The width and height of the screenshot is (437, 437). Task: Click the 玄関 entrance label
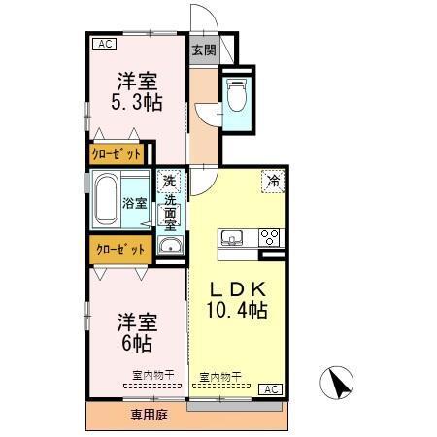pyautogui.click(x=203, y=50)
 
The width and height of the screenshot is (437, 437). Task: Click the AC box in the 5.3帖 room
pyautogui.click(x=104, y=44)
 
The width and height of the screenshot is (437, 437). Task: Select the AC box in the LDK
pyautogui.click(x=274, y=388)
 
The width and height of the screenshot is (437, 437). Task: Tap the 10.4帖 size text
pyautogui.click(x=237, y=311)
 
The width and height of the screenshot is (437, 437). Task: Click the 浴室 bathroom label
pyautogui.click(x=135, y=203)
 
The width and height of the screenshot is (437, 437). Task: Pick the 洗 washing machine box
pyautogui.click(x=170, y=181)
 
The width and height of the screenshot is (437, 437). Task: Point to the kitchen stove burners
pyautogui.click(x=268, y=237)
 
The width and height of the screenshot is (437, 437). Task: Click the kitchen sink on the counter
pyautogui.click(x=234, y=237)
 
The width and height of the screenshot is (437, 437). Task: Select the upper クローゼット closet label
pyautogui.click(x=118, y=153)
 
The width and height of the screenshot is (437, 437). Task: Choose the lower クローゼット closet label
pyautogui.click(x=119, y=249)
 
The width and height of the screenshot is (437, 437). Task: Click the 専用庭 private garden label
pyautogui.click(x=150, y=415)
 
